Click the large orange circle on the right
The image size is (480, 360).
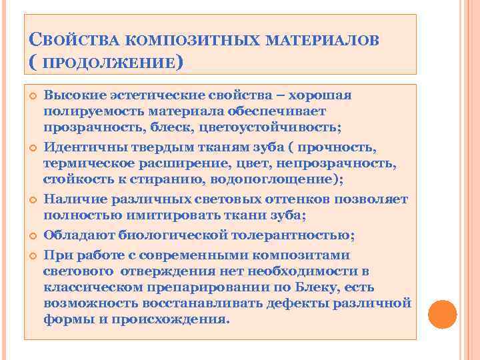[442, 313]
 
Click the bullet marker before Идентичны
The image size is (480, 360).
[31, 147]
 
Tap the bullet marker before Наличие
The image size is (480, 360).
[31, 199]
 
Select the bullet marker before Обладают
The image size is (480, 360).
[31, 235]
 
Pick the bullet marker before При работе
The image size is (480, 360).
[31, 255]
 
